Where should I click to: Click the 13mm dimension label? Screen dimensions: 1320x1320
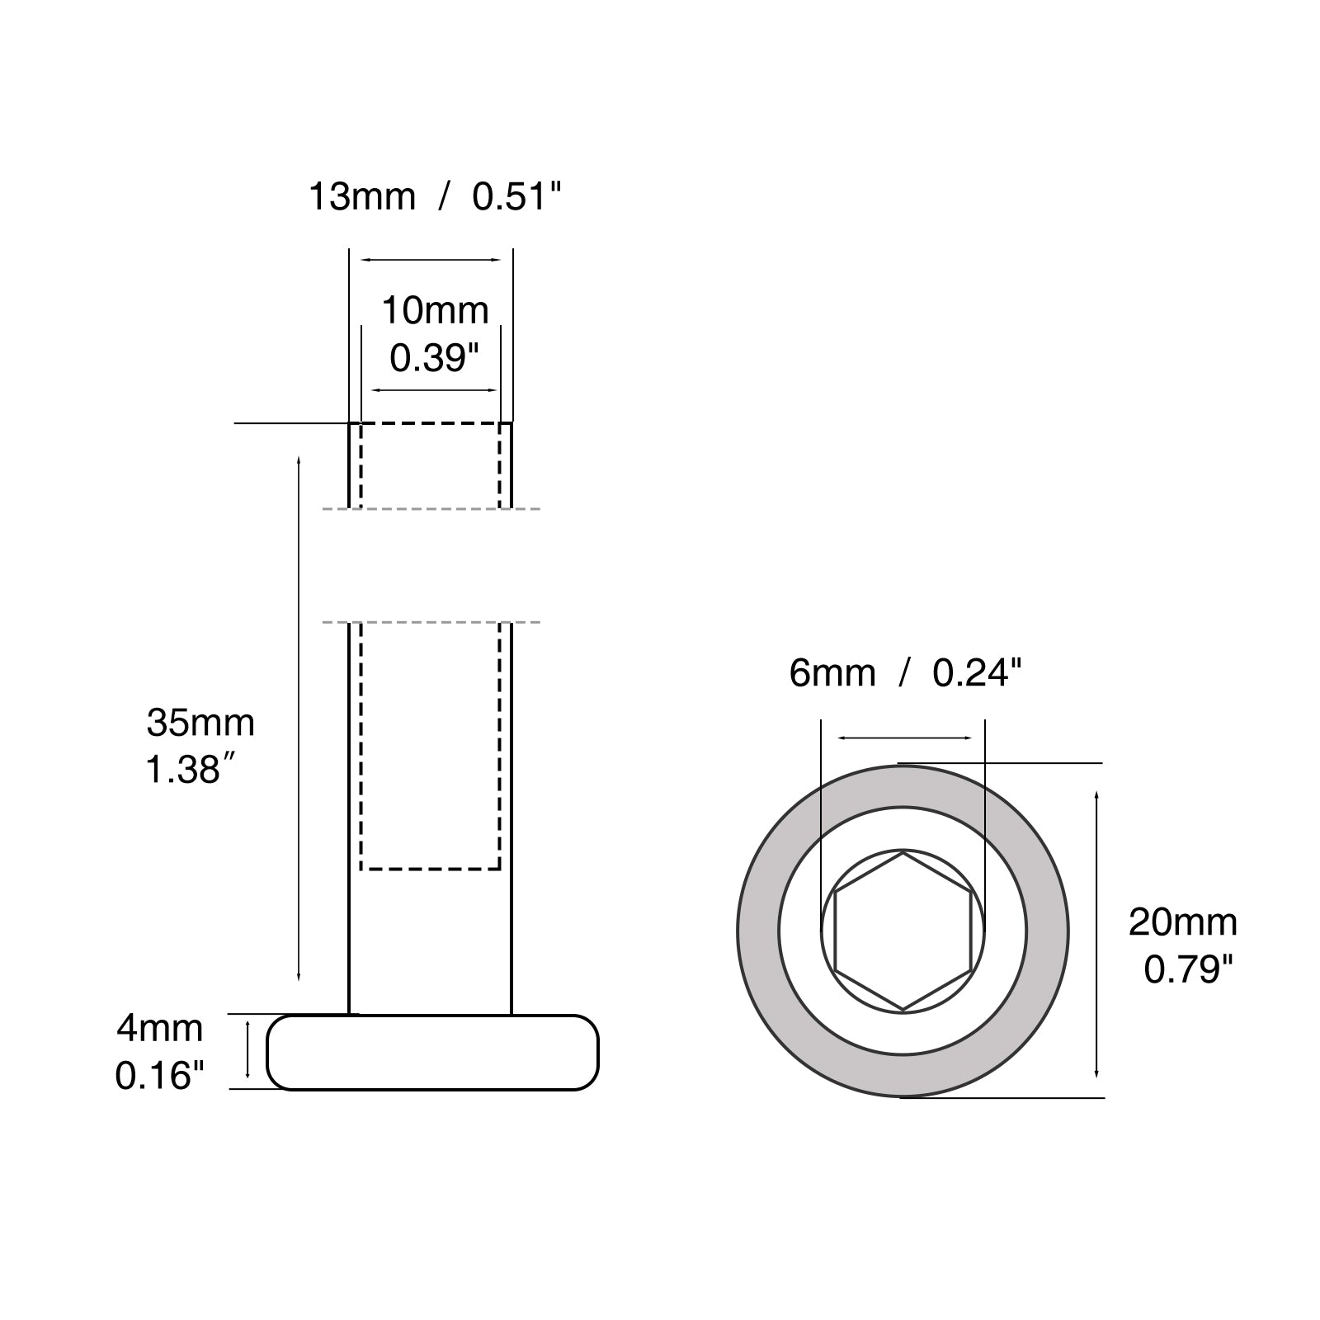click(361, 197)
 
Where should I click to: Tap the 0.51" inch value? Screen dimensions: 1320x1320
click(516, 197)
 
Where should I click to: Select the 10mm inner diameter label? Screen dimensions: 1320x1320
click(435, 310)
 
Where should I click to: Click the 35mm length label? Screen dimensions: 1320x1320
click(200, 723)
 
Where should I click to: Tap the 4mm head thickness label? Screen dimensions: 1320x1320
click(159, 1028)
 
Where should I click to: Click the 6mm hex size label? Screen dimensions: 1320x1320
click(832, 673)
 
